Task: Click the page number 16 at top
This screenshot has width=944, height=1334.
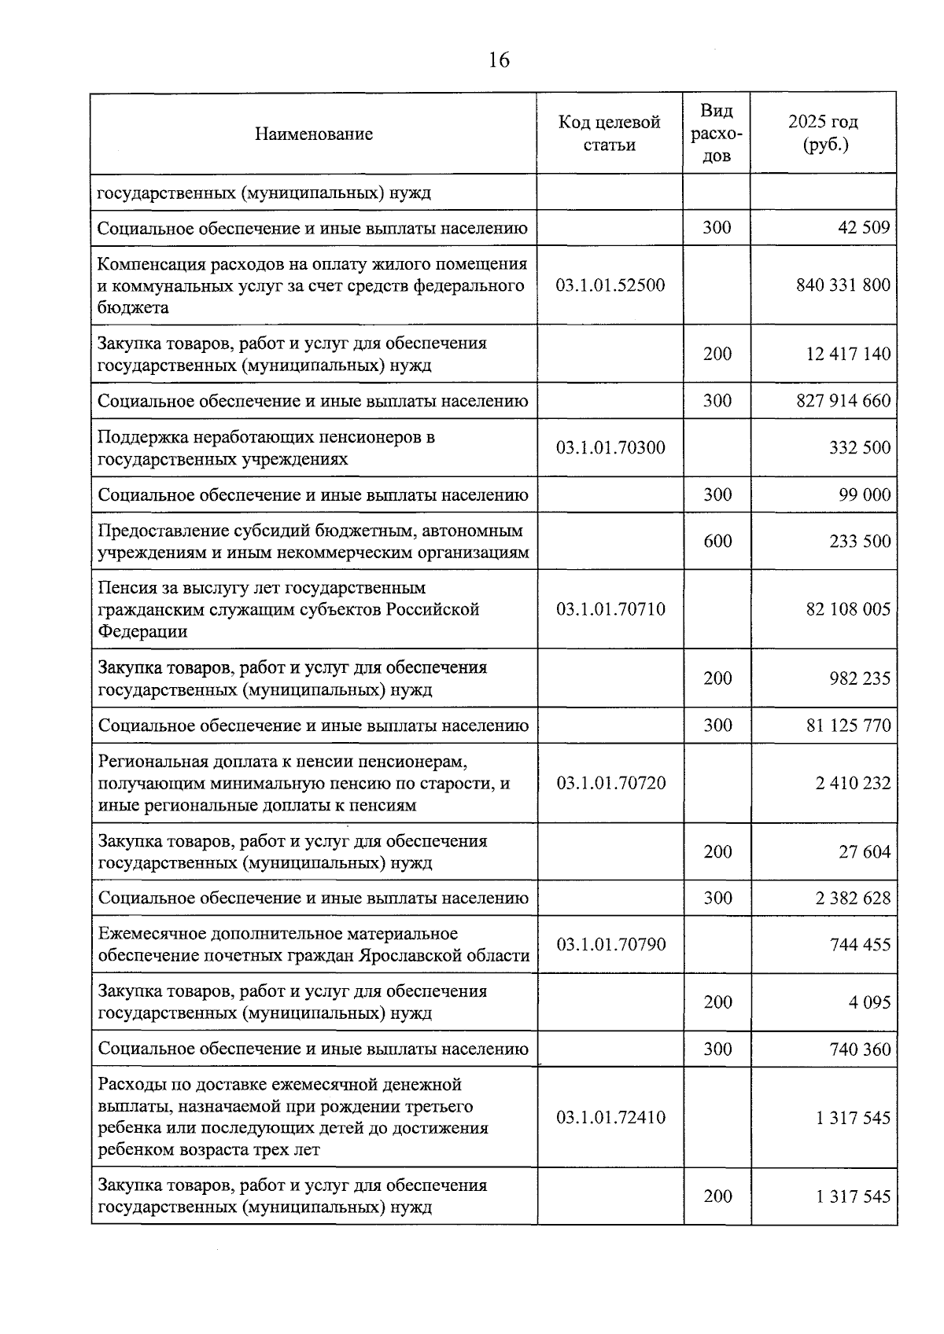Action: coord(499,60)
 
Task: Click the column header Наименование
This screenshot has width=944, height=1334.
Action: coord(313,134)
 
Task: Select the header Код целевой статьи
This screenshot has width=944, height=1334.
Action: coord(610,134)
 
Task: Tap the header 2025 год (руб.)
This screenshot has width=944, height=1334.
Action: coord(823,134)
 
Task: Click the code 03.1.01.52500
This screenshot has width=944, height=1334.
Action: coord(610,285)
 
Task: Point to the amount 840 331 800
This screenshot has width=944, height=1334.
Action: coord(843,285)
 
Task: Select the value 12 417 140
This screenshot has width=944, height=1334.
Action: coord(848,354)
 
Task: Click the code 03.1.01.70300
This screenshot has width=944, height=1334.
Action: coord(610,448)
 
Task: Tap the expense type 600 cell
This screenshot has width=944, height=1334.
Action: coord(717,541)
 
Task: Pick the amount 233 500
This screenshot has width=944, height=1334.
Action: coord(860,541)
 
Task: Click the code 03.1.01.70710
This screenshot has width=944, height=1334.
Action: coord(610,609)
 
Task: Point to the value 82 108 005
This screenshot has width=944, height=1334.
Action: coord(848,609)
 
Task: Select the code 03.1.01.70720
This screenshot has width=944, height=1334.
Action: coord(610,783)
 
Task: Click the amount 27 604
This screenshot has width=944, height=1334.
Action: coord(865,852)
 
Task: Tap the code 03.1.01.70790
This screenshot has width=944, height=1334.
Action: coord(610,944)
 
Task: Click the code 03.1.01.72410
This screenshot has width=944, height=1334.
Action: coord(610,1117)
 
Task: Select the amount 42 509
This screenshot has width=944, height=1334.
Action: coord(865,228)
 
